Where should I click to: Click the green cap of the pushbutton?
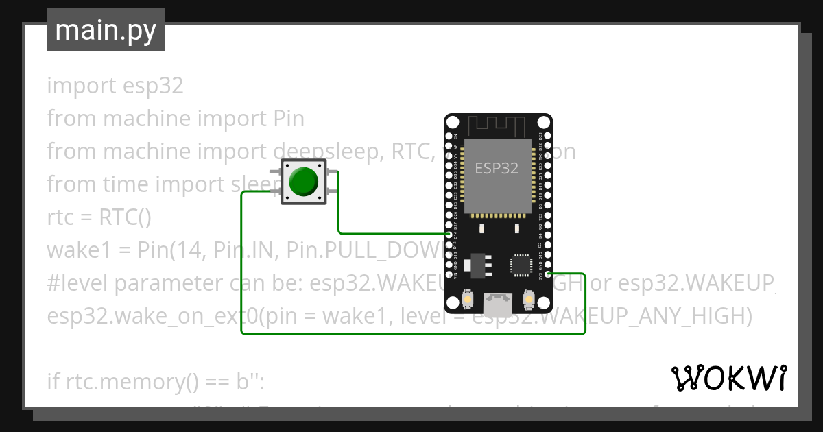click(x=303, y=181)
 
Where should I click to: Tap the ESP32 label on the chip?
click(x=497, y=168)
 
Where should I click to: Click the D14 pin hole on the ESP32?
click(x=449, y=235)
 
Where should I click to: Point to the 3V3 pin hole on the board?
click(x=547, y=274)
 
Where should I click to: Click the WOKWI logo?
click(x=728, y=378)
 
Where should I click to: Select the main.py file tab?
click(x=106, y=30)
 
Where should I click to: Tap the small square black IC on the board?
click(x=520, y=264)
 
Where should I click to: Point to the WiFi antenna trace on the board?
click(x=497, y=126)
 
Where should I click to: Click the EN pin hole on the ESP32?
click(x=449, y=136)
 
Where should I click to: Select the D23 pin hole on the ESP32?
click(x=547, y=136)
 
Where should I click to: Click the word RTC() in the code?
click(x=125, y=217)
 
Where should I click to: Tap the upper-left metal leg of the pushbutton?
click(x=274, y=171)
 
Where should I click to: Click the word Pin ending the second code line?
click(x=284, y=119)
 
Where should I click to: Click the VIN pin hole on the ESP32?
click(x=449, y=274)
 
